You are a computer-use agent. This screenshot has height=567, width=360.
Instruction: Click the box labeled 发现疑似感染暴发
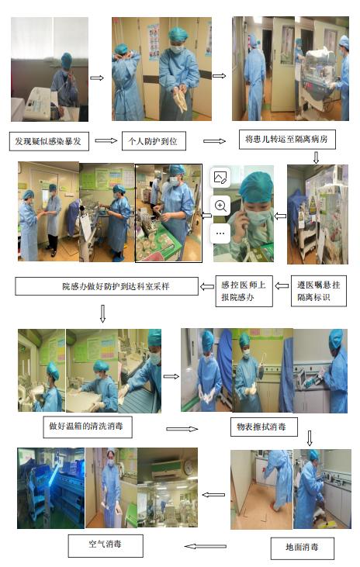48,141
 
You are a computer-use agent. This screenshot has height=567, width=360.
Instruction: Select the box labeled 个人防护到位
154,140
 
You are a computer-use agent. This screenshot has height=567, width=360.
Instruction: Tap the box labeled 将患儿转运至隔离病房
287,139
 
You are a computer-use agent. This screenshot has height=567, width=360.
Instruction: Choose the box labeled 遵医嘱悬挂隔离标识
318,291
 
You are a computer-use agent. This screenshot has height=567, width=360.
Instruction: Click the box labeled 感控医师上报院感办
244,291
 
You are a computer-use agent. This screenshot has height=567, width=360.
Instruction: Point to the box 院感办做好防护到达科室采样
107,286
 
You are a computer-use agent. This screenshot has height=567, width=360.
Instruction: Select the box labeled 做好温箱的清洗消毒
87,427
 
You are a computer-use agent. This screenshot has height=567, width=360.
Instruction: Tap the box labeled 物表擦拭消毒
264,427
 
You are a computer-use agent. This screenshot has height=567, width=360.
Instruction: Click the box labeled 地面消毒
302,548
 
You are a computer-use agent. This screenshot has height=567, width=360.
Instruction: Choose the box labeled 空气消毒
106,545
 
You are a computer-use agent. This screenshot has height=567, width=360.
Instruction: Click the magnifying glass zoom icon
220,206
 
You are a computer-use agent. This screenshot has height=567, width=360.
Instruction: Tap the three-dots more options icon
220,233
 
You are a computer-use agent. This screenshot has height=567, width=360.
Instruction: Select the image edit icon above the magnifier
220,178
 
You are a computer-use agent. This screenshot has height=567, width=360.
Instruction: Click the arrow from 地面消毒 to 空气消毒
205,546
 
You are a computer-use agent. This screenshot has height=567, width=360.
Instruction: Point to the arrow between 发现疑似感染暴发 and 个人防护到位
106,140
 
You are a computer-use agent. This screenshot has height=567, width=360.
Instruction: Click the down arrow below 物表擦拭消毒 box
310,438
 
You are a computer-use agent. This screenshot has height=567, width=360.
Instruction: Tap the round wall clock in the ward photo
189,468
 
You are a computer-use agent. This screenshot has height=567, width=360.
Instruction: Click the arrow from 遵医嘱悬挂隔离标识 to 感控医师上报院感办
282,286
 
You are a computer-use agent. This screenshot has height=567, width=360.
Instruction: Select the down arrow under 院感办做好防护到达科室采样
102,313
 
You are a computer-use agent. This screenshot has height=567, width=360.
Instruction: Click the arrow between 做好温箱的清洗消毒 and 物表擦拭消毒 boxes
182,429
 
